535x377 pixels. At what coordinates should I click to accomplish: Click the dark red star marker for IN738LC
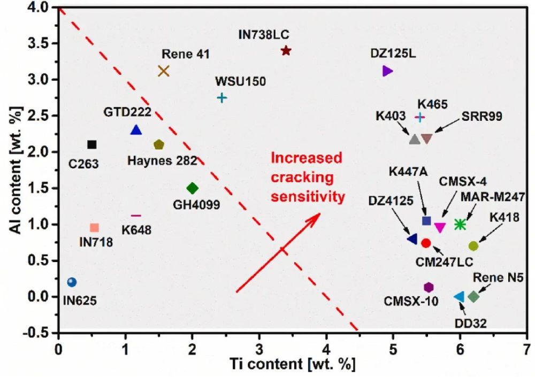[286, 51]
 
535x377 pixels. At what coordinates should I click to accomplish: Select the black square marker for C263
[91, 144]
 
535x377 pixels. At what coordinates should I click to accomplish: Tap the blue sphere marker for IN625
[72, 282]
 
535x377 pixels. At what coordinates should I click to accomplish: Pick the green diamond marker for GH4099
[193, 188]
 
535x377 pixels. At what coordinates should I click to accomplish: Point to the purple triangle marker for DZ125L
[388, 71]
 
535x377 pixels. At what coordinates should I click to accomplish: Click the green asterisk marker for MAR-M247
[460, 225]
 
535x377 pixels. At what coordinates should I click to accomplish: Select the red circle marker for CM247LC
[426, 243]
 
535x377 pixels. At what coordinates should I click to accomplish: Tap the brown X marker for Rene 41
[164, 71]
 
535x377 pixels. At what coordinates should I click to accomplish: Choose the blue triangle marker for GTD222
[136, 130]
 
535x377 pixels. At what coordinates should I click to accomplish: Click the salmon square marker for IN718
[95, 228]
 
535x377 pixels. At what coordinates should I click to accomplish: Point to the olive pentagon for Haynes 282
[158, 144]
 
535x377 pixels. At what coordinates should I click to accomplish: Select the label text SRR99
[481, 116]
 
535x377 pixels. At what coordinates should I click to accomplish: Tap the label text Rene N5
[498, 276]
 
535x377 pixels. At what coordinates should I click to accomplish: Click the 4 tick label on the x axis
[326, 351]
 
